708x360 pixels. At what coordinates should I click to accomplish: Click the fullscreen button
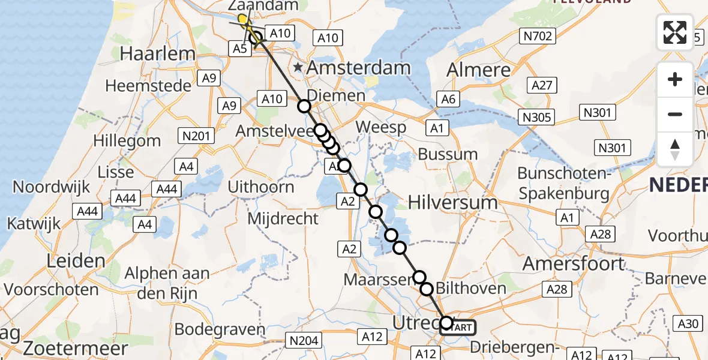[675, 32]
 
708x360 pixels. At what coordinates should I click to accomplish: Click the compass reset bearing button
[675, 149]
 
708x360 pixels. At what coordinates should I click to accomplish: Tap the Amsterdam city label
[359, 67]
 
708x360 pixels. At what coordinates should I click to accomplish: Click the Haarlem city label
[151, 53]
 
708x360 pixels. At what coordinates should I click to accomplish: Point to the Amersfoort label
[573, 263]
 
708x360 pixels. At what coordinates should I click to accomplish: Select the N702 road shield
[538, 36]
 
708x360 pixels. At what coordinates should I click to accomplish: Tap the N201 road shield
[196, 136]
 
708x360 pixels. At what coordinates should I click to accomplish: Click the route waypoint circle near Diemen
[304, 106]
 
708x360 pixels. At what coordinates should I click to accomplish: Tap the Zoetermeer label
[76, 349]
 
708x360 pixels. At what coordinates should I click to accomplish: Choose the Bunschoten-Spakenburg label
[563, 183]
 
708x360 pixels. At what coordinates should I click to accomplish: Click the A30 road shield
[688, 324]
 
